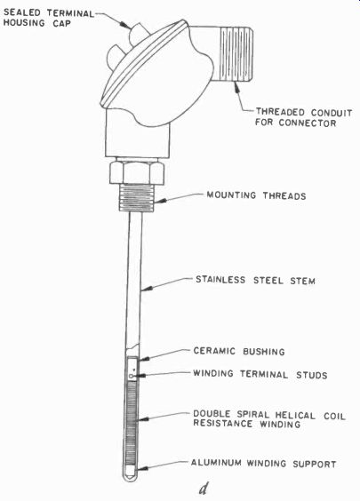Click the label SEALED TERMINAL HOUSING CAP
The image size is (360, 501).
tap(49, 18)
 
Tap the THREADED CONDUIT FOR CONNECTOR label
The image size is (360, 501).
tap(303, 117)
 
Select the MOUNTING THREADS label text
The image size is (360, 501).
tap(256, 195)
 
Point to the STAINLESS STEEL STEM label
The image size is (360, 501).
tap(255, 280)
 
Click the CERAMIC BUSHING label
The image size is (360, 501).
tap(239, 351)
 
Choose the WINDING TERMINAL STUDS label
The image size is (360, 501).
tap(260, 374)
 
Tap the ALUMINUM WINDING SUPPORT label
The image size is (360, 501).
tap(263, 464)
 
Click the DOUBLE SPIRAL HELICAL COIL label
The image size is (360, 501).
tap(269, 415)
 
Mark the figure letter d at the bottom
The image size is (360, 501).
tap(203, 488)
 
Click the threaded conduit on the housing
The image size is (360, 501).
tap(236, 54)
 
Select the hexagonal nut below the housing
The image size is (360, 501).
tap(137, 172)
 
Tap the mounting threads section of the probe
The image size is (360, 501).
tap(137, 197)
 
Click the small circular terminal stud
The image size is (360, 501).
tap(132, 377)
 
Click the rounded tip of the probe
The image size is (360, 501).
tap(132, 475)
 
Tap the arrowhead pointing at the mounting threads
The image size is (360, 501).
tap(162, 201)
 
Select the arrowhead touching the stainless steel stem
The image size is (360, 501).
tap(146, 289)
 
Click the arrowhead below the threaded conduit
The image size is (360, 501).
tap(237, 86)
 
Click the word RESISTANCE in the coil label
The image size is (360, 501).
tap(223, 424)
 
